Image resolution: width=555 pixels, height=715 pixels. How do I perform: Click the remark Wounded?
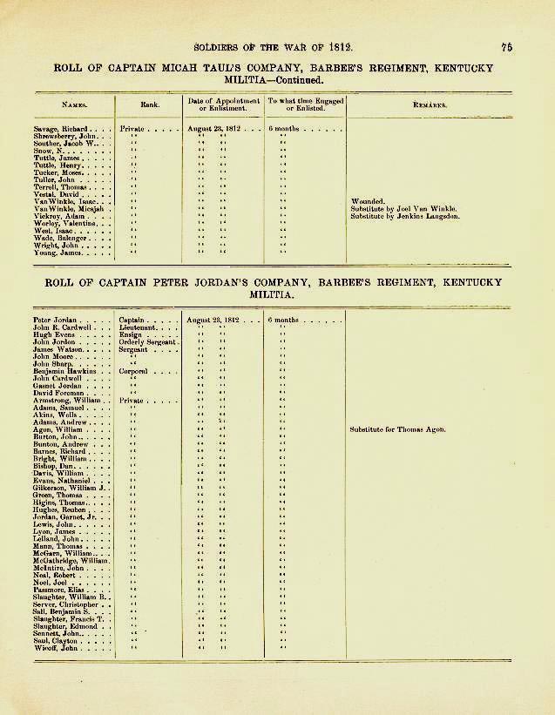[367, 201]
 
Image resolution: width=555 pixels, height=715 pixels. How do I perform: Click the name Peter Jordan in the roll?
[54, 320]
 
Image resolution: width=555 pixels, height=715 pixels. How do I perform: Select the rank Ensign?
[132, 334]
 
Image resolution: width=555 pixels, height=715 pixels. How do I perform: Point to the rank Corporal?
[136, 371]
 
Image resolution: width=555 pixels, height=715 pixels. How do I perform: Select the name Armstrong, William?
[68, 401]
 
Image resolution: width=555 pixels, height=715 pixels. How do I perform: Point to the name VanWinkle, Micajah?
[69, 208]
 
